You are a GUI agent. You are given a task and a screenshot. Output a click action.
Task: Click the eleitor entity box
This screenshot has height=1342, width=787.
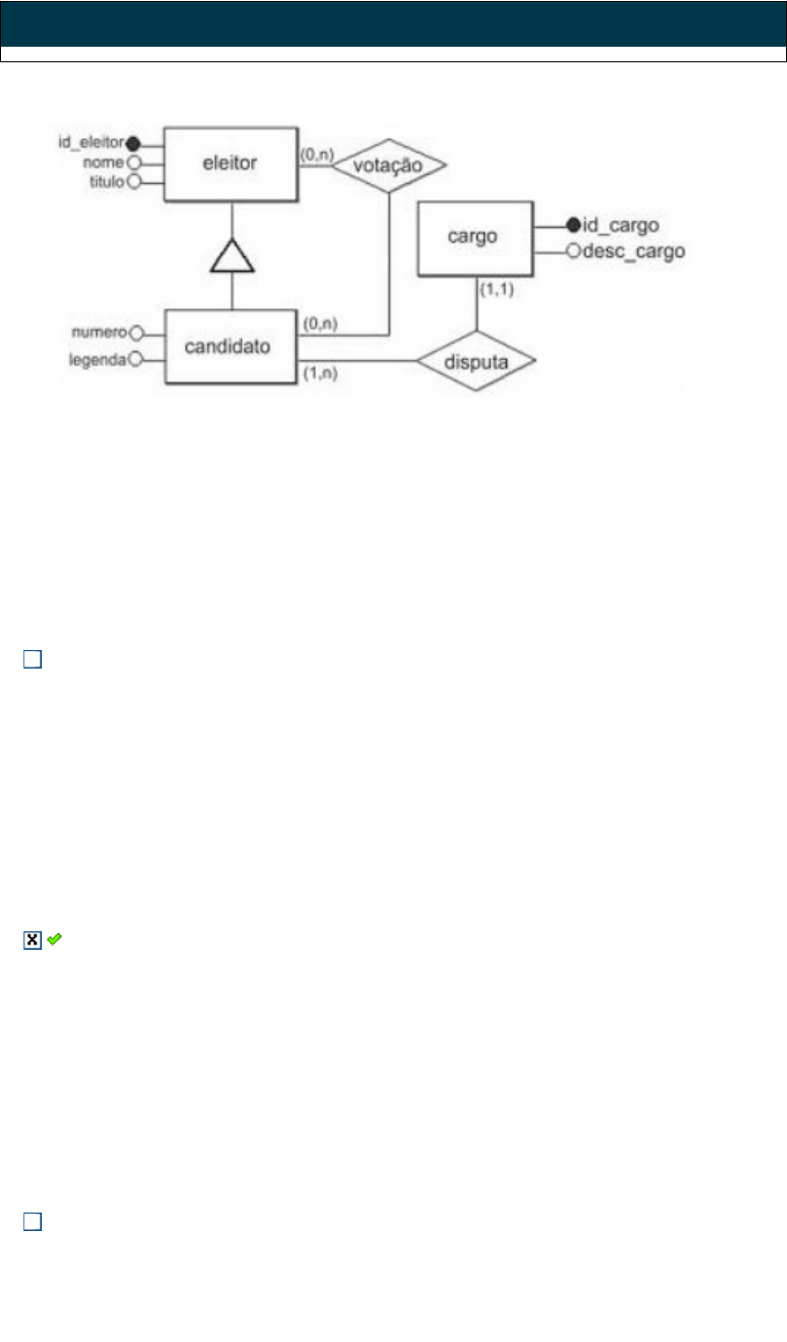click(230, 163)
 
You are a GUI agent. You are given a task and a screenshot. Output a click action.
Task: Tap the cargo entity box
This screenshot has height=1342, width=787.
click(475, 238)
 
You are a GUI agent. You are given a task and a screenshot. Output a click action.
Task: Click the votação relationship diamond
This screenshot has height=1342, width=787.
click(389, 165)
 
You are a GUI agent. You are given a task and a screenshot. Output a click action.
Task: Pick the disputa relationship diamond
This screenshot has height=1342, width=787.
click(477, 361)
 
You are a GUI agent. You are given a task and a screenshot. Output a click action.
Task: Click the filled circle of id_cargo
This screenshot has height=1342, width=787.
click(573, 226)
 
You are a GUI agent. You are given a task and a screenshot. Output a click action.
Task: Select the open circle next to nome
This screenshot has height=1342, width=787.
click(135, 163)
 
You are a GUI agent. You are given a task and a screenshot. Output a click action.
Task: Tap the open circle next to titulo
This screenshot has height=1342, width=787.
click(135, 181)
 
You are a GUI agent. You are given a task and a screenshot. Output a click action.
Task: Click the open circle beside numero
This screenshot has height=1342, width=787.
click(136, 332)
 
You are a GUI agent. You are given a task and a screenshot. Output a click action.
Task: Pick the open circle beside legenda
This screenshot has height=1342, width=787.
click(136, 359)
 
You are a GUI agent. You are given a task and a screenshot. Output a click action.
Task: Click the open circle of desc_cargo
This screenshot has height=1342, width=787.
click(573, 252)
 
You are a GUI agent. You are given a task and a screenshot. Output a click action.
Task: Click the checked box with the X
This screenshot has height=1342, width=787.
click(31, 940)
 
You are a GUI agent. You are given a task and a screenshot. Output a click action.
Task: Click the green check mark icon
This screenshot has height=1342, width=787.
click(54, 939)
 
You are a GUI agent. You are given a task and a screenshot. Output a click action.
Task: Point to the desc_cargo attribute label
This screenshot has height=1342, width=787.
click(632, 252)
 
